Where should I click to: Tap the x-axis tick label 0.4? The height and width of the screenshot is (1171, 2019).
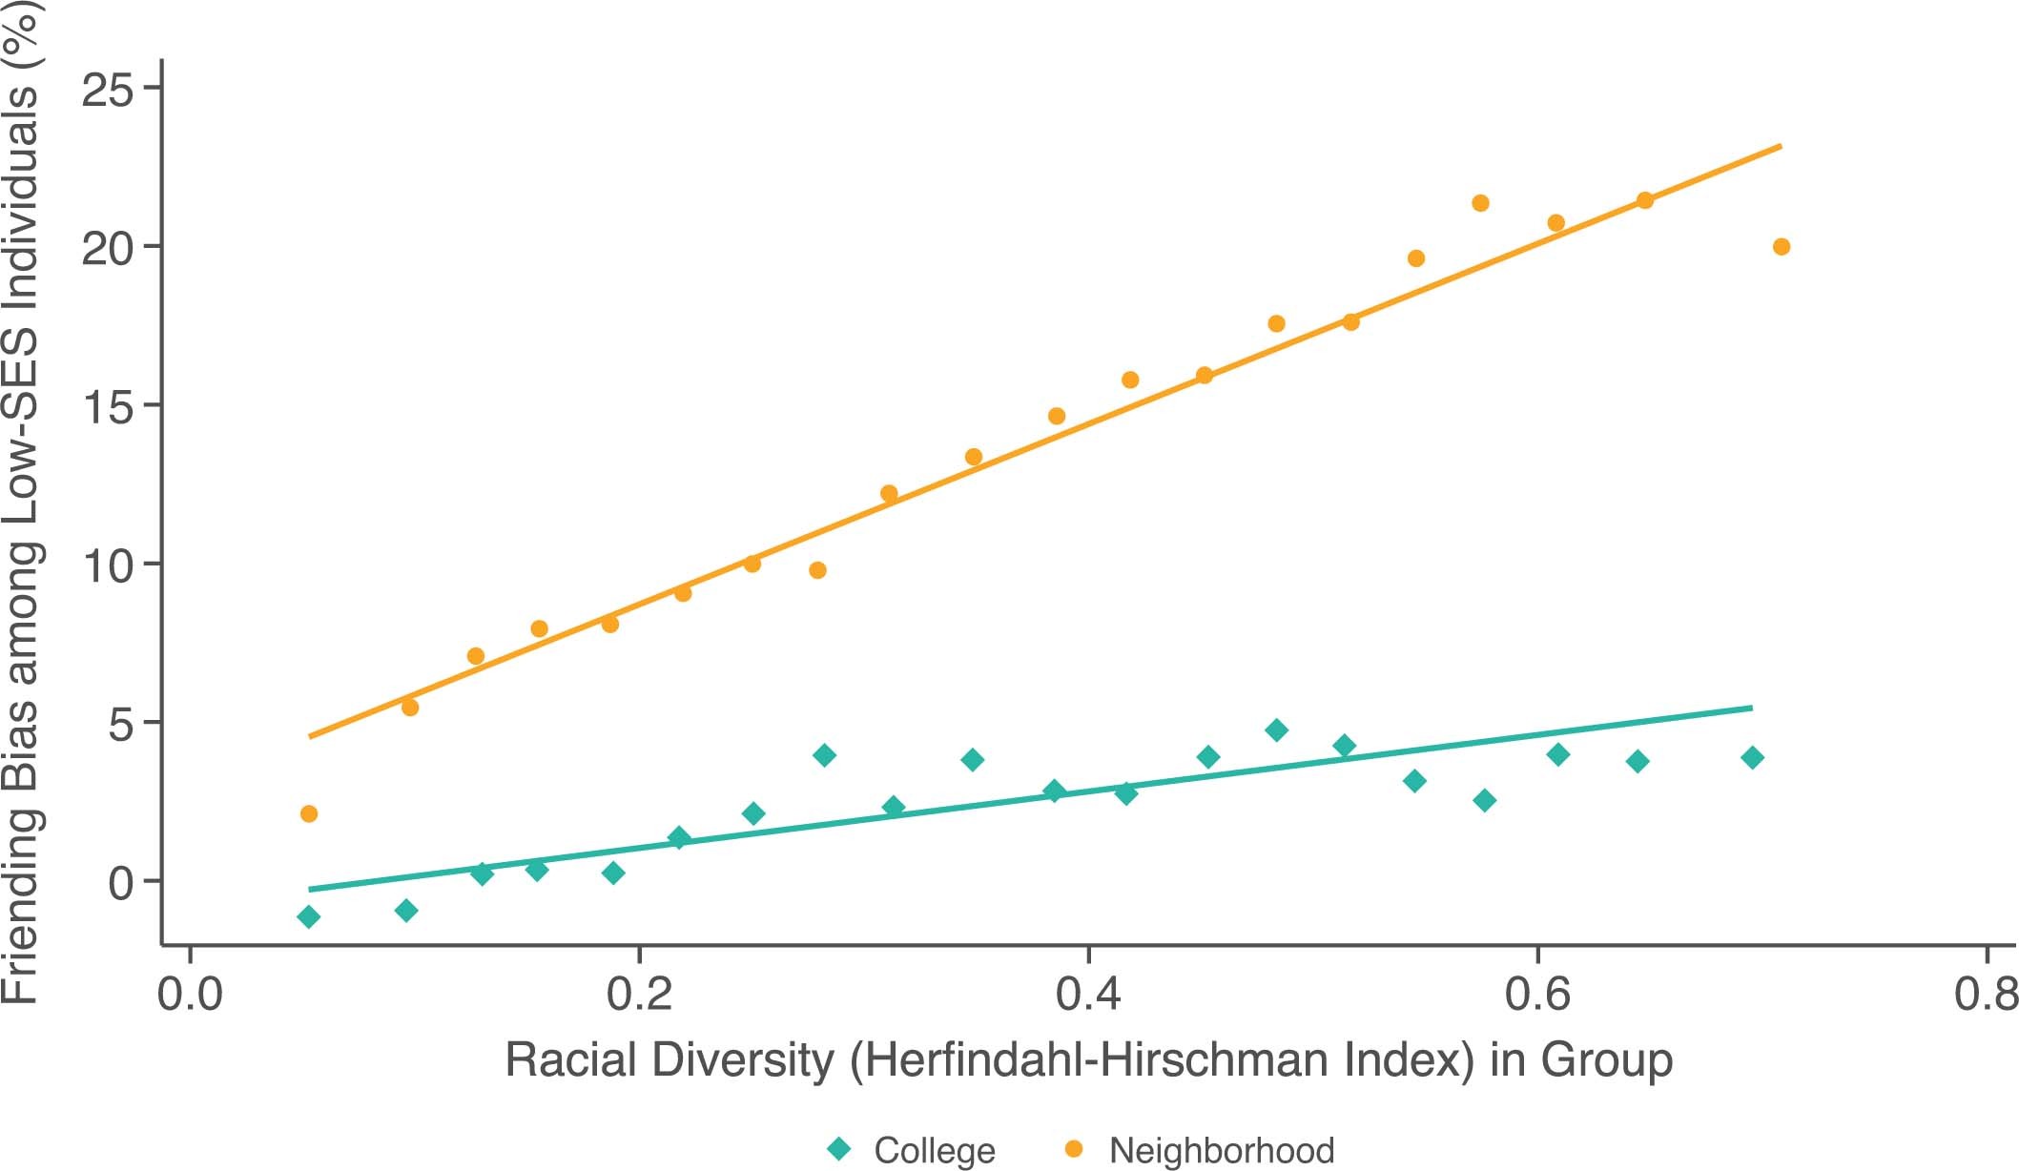pos(1088,995)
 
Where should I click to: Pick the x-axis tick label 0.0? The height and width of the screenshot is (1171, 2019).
pos(190,995)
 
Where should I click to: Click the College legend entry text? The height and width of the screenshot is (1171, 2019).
pos(934,1150)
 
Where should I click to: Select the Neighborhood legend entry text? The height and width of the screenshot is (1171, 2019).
pos(1221,1150)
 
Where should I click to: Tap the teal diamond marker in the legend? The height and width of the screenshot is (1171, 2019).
pos(839,1148)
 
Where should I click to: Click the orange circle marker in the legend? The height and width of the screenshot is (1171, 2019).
pos(1074,1149)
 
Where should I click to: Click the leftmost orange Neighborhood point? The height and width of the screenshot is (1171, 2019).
pos(308,813)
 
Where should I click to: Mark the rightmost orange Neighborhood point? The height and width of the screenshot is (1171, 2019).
pos(1781,247)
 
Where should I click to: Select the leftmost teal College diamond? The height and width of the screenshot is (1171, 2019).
pos(308,917)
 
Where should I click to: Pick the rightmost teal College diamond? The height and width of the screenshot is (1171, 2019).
pos(1752,758)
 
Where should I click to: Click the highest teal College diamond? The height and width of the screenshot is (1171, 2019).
pos(1277,730)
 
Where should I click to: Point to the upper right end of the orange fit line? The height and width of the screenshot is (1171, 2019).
pos(1780,146)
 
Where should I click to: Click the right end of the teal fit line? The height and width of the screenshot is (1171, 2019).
pos(1751,708)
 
